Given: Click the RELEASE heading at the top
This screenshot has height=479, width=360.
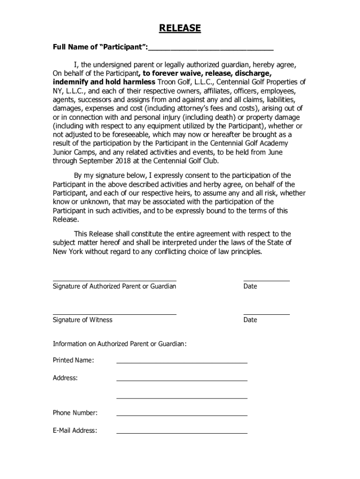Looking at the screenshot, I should coord(180,29).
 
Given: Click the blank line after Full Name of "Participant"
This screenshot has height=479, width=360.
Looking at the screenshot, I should coord(211,49).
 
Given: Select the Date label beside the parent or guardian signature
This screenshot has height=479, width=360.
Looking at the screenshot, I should coord(250,286).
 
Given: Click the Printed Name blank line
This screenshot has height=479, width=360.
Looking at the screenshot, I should coord(181,363).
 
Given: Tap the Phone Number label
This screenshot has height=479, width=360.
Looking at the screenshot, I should coord(75,413).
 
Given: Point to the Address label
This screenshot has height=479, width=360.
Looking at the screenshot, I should coord(65,378).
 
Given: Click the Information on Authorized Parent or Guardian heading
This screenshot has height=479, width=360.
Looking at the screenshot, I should coord(120,344).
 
